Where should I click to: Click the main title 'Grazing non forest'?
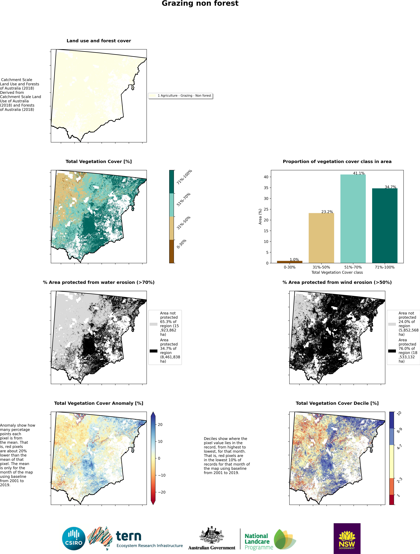[x=200, y=4]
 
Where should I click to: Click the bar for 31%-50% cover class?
[x=321, y=238]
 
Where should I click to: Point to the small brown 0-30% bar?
[x=290, y=262]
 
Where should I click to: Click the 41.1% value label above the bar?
[x=359, y=173]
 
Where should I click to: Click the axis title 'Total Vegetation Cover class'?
[x=337, y=272]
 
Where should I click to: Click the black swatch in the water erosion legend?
[x=153, y=351]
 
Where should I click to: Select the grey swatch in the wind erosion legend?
[x=392, y=324]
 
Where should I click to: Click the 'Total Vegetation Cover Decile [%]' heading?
[x=337, y=403]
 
